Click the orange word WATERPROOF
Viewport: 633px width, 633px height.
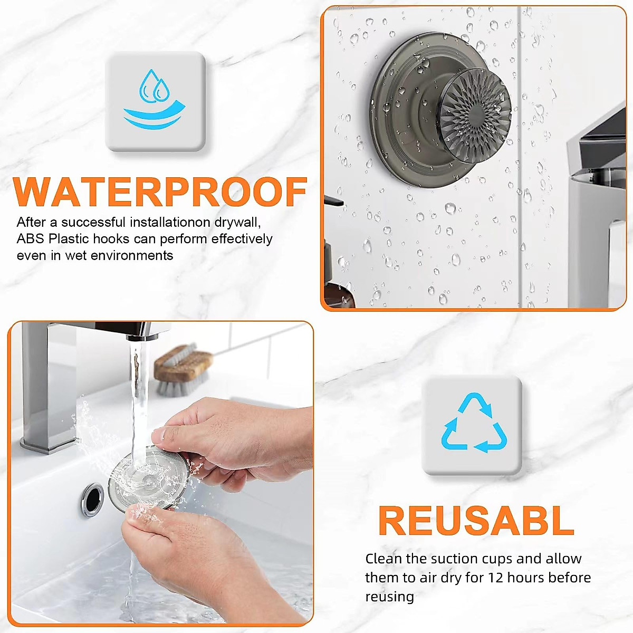pyautogui.click(x=160, y=192)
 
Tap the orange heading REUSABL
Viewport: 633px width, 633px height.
pyautogui.click(x=476, y=521)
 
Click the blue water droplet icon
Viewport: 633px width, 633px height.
pyautogui.click(x=155, y=100)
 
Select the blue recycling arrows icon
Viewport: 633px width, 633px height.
pyautogui.click(x=473, y=424)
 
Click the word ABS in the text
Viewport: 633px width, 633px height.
pyautogui.click(x=30, y=239)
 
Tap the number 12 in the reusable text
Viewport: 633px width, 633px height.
pyautogui.click(x=496, y=578)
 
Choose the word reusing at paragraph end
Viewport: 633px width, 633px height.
pyautogui.click(x=389, y=597)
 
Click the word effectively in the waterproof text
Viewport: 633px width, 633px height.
pyautogui.click(x=242, y=239)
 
